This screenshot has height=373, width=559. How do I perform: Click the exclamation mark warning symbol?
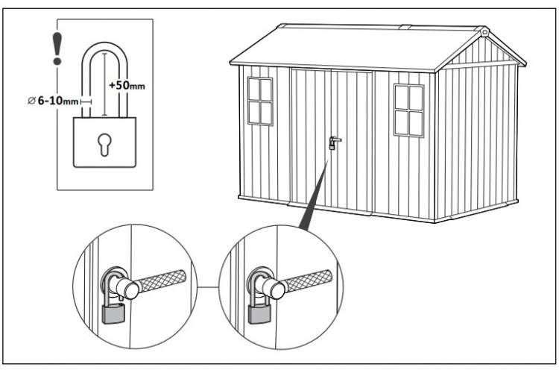[57, 48]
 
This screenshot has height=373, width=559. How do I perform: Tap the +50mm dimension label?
[127, 85]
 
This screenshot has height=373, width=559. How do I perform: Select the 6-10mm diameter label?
[57, 101]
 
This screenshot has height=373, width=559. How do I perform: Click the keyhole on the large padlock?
[104, 144]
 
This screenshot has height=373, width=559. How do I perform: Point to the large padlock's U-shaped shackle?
[104, 45]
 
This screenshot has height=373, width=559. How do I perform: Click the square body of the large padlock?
[104, 142]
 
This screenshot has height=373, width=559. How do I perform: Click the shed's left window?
[261, 101]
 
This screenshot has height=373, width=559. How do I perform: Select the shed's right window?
[409, 110]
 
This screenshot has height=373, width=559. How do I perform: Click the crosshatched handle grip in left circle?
[162, 282]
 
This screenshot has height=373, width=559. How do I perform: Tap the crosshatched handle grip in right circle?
[309, 282]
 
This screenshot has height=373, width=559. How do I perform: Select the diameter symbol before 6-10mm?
[31, 101]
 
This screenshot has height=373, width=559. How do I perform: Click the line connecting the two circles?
[208, 287]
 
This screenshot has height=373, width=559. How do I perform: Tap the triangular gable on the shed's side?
[480, 51]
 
